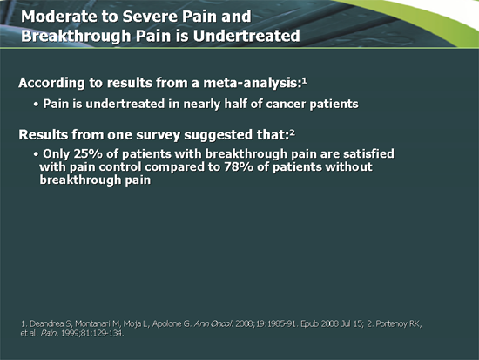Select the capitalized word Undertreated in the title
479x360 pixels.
point(246,37)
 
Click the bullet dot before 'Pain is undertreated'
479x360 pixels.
point(34,105)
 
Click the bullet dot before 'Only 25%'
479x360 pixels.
point(34,153)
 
